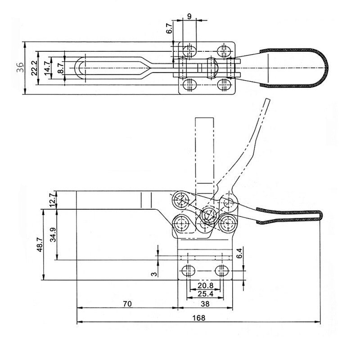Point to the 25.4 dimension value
(205, 293)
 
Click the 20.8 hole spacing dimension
(205, 286)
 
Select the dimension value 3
(154, 273)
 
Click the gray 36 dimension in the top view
(20, 68)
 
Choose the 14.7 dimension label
(47, 68)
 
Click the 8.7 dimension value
(60, 68)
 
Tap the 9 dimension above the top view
(189, 16)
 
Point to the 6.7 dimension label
(169, 29)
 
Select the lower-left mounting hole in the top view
(189, 84)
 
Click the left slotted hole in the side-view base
(188, 271)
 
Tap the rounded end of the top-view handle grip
(324, 68)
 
